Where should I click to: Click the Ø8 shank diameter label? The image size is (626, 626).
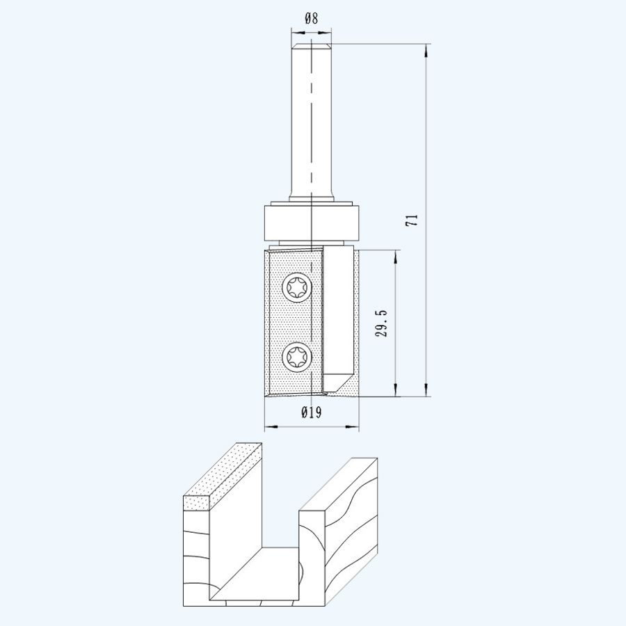coord(311,19)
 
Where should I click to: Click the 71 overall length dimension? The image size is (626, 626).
coord(412,220)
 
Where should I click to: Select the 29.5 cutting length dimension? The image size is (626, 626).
coord(380,323)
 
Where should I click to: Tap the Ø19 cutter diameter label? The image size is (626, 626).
coord(311,412)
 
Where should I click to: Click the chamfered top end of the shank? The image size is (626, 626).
coord(311,47)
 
